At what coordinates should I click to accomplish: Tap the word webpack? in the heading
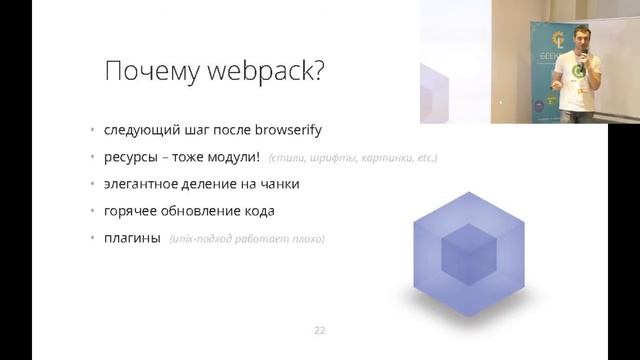(267, 73)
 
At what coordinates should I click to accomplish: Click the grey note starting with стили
(353, 159)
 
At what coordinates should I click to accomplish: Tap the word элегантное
(142, 185)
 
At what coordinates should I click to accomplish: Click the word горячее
(130, 211)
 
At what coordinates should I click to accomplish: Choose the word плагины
(132, 238)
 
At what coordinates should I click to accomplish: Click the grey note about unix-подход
(247, 239)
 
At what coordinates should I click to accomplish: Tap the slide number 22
(320, 330)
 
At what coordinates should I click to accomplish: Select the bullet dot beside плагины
(91, 238)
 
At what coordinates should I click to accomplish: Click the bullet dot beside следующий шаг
(91, 131)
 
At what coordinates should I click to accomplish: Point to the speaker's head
(580, 39)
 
